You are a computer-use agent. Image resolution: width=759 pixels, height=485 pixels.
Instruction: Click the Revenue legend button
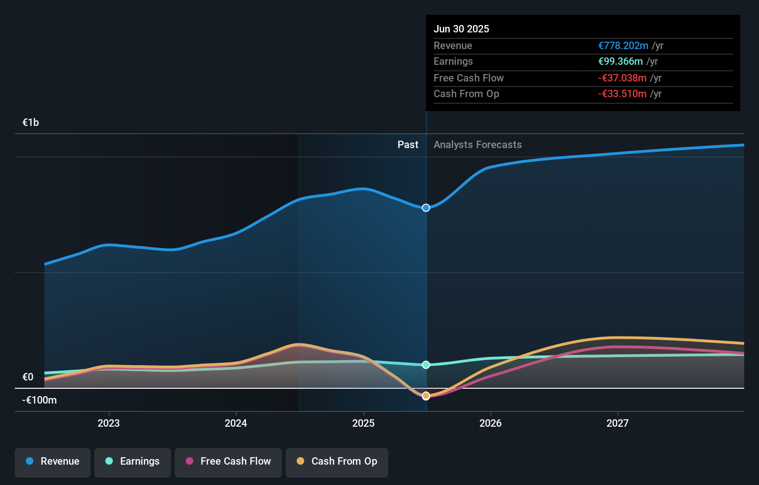coord(53,461)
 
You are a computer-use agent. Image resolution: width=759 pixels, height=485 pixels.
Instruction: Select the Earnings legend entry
coord(133,461)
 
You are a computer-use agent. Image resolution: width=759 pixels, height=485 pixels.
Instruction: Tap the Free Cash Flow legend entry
coord(228,461)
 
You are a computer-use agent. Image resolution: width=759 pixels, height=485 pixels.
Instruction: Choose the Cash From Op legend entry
coord(337,461)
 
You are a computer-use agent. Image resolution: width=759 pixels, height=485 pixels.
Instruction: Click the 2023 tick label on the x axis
coord(109,423)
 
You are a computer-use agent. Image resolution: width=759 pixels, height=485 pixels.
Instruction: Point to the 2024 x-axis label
coord(236,423)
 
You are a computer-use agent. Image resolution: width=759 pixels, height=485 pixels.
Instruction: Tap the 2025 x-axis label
coord(363,423)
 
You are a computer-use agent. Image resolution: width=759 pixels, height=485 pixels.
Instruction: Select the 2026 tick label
coord(490,423)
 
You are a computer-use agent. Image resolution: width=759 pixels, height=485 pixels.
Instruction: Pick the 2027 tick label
coord(618,423)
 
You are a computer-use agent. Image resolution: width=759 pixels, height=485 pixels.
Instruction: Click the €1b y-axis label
coord(31,123)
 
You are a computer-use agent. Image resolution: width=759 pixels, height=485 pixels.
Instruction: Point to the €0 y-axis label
coord(28,377)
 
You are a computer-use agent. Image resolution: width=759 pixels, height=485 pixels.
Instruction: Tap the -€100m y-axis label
coord(40,400)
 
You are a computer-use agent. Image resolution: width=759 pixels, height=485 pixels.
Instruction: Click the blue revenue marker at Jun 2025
coord(426,208)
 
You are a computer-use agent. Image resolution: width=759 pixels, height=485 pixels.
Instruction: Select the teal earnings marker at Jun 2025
coord(426,365)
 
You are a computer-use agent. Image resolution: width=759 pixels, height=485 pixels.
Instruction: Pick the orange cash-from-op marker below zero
coord(426,396)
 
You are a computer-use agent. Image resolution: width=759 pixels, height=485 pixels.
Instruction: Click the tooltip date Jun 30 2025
coord(461,29)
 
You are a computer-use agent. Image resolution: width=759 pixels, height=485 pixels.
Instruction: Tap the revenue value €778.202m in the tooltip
coord(623,46)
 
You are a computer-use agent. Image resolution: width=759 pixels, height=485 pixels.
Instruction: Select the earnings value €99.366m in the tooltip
coord(620,62)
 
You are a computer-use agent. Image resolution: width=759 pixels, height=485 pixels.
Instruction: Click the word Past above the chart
coord(408,145)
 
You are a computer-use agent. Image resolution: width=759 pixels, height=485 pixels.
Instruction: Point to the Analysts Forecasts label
coord(477,145)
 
